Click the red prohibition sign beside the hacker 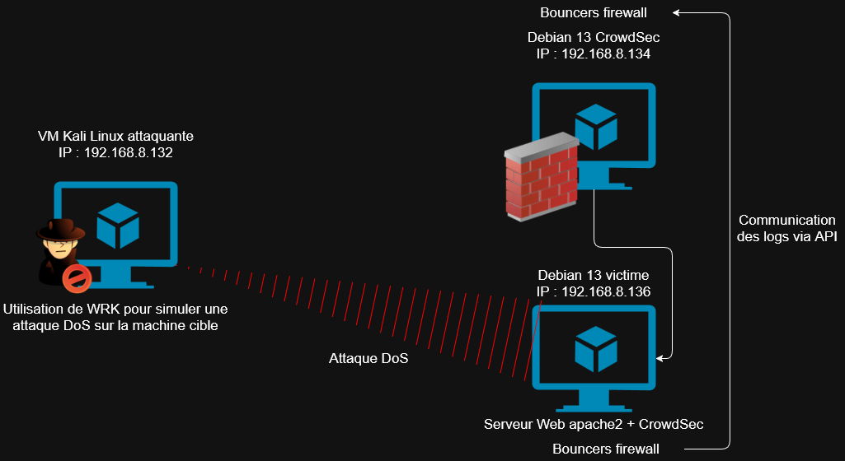click(76, 278)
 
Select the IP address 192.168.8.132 click(129, 152)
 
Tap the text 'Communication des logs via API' click(787, 228)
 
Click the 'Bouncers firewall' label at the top click(594, 12)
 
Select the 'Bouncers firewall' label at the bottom click(606, 449)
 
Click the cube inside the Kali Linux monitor click(118, 226)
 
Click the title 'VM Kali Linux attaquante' click(116, 136)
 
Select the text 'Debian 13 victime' click(594, 275)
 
